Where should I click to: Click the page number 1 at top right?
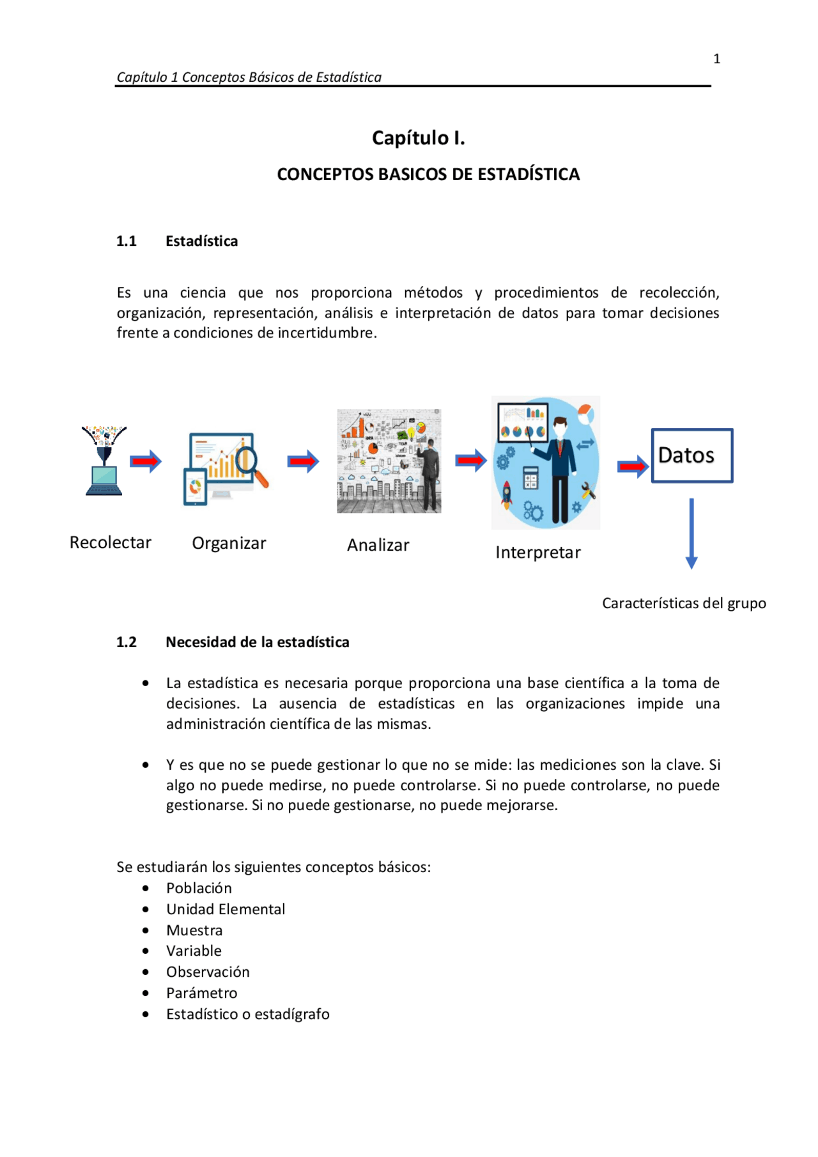(716, 59)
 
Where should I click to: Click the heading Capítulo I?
(418, 138)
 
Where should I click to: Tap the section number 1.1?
(127, 241)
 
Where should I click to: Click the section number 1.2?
(127, 642)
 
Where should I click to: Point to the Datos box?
(691, 456)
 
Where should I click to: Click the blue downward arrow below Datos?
(691, 534)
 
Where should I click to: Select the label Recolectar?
(110, 542)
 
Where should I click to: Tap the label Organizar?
(229, 543)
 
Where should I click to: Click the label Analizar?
(378, 545)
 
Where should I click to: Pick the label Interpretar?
(537, 553)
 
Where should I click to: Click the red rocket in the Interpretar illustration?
(507, 494)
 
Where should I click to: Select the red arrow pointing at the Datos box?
(632, 466)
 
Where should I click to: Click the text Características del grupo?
(683, 604)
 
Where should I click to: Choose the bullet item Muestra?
(194, 930)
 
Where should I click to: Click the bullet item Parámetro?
(201, 993)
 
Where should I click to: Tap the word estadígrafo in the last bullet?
(292, 1014)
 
